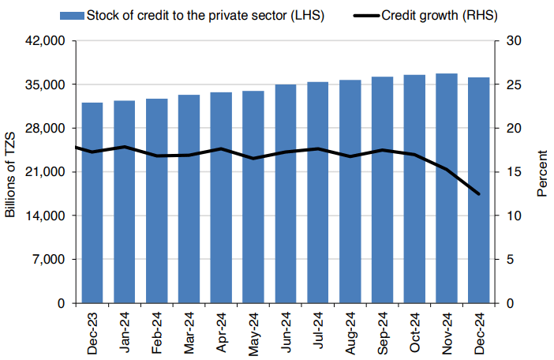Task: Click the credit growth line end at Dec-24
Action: (x=479, y=194)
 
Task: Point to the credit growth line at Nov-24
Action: (x=447, y=169)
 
